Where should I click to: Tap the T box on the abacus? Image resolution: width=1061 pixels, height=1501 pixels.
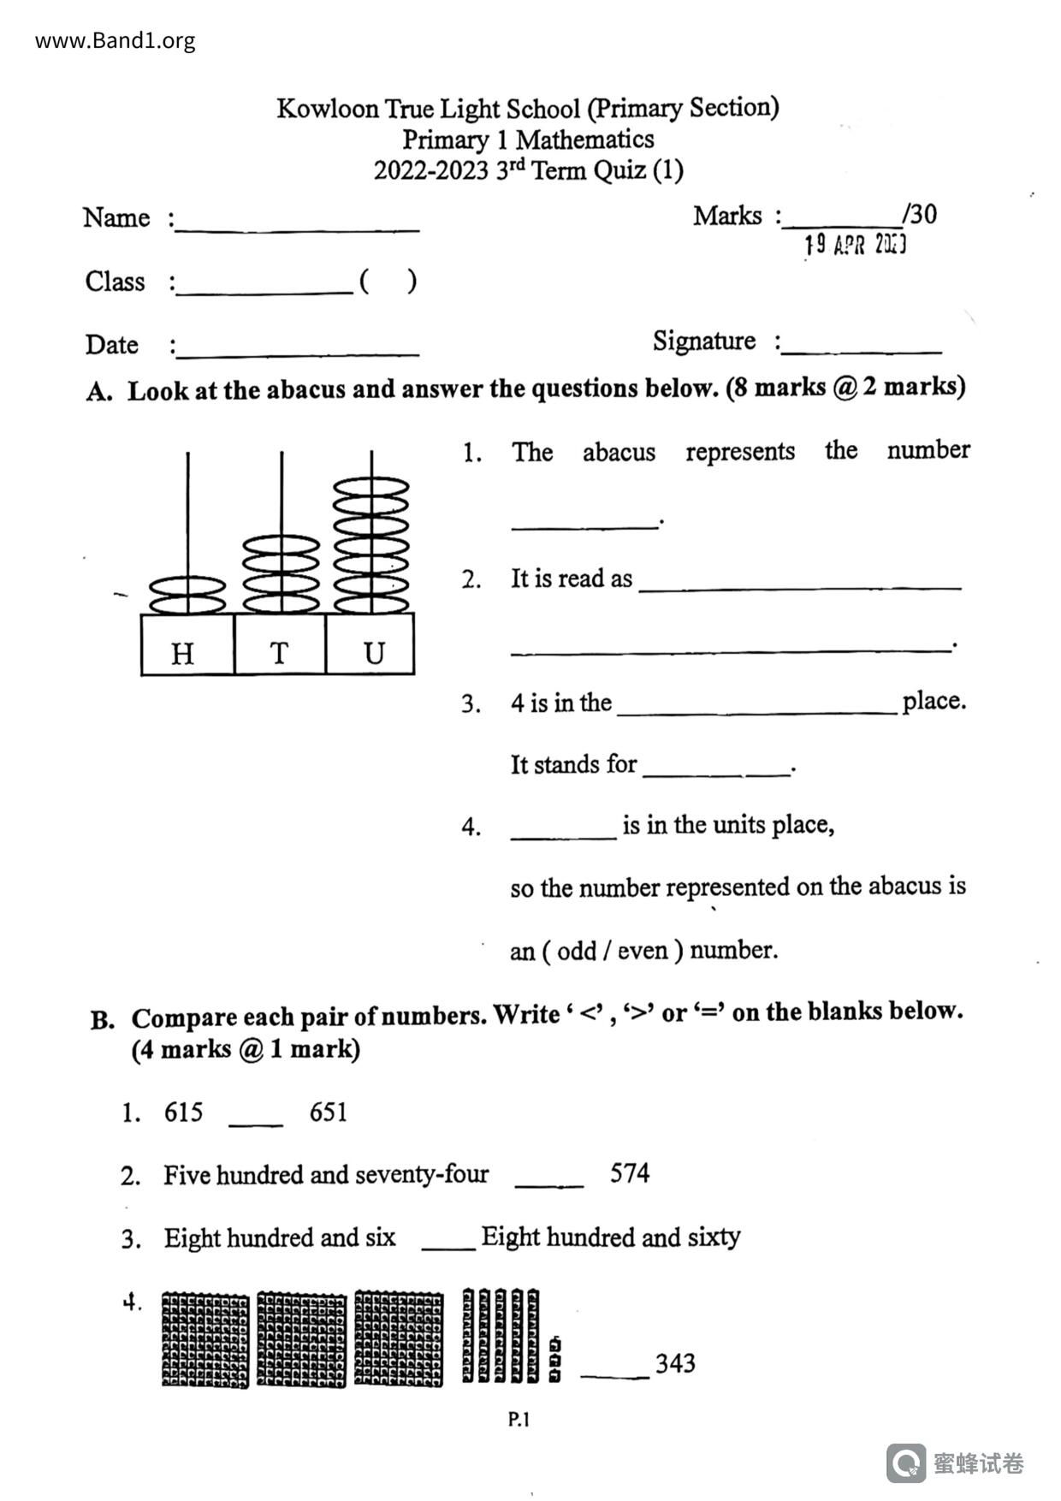click(x=280, y=644)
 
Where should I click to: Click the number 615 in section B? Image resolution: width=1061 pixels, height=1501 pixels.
click(x=183, y=1112)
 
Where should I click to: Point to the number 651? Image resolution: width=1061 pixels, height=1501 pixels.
click(x=329, y=1112)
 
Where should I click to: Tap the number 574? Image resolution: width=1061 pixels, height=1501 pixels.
click(x=630, y=1172)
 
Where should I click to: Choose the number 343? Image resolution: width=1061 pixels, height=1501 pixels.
click(x=675, y=1362)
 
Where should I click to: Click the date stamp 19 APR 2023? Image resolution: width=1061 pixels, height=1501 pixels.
click(x=855, y=246)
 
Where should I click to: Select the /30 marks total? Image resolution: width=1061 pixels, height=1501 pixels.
click(x=920, y=214)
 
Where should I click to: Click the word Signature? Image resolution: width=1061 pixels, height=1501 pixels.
click(x=703, y=341)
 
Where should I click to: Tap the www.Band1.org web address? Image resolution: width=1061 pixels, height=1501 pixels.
click(x=115, y=40)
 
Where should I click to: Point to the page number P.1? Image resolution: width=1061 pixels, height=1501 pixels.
click(x=519, y=1420)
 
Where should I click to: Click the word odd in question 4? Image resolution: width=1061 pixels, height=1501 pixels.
click(x=576, y=951)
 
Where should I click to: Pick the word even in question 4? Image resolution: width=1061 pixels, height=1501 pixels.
click(x=643, y=951)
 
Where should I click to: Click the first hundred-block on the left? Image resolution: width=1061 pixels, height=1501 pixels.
click(x=205, y=1339)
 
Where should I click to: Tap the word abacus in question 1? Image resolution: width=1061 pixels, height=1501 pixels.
click(x=619, y=452)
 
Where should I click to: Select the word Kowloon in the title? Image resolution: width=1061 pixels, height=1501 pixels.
click(x=327, y=109)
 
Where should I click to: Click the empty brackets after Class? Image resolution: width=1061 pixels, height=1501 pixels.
click(x=388, y=281)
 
